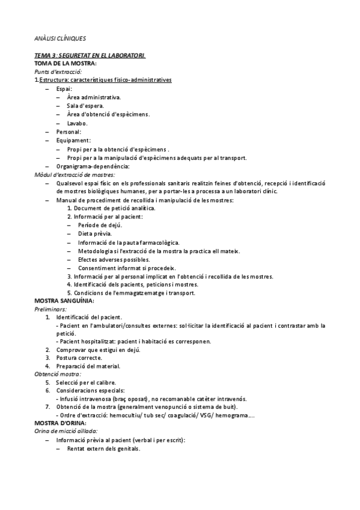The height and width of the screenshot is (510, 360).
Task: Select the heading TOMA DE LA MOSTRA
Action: pyautogui.click(x=66, y=63)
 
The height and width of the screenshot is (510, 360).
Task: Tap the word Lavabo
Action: pyautogui.click(x=78, y=123)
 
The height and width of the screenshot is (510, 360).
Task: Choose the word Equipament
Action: pyautogui.click(x=72, y=141)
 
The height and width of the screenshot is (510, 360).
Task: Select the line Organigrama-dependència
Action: pyautogui.click(x=93, y=167)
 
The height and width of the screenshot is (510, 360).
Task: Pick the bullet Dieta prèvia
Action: pyautogui.click(x=94, y=233)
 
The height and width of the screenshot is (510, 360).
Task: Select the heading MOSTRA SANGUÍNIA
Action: pyautogui.click(x=64, y=301)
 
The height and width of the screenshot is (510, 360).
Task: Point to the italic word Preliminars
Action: pyautogui.click(x=51, y=309)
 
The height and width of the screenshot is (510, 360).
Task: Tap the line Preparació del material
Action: pyautogui.click(x=88, y=366)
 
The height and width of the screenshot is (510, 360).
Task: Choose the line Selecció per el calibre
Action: pyautogui.click(x=86, y=382)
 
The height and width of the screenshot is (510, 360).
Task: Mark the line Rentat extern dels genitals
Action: pyautogui.click(x=103, y=449)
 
